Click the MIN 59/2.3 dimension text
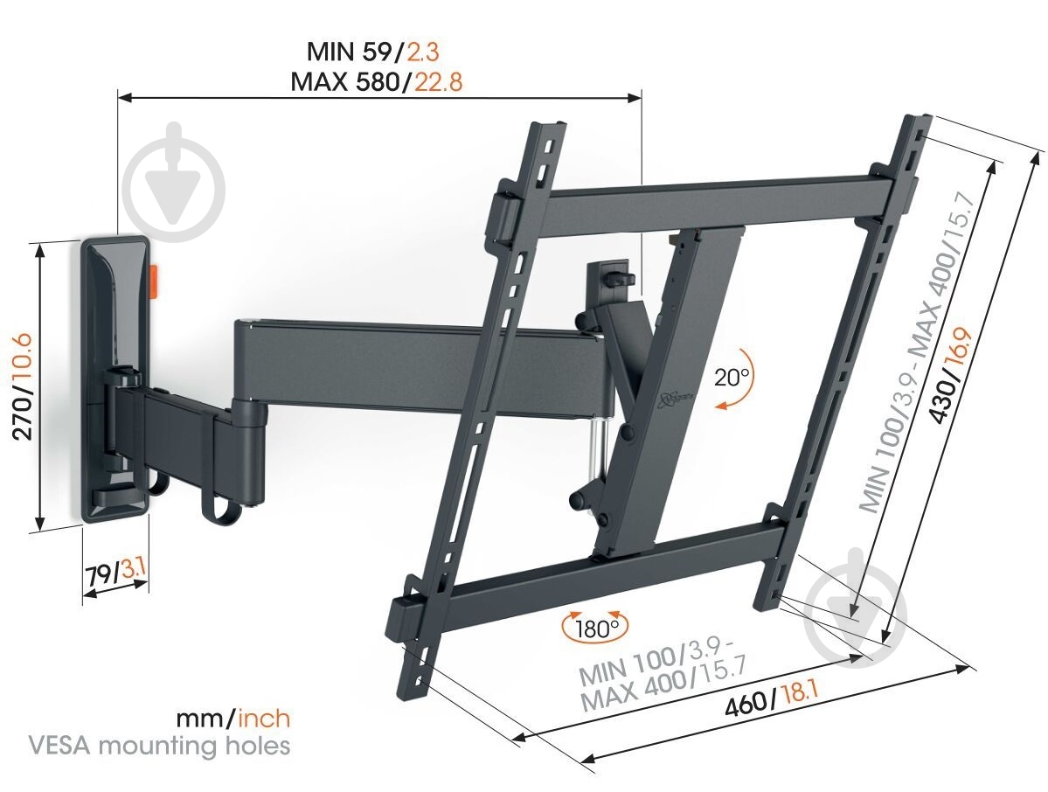[x=378, y=50]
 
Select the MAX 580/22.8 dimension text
[x=377, y=82]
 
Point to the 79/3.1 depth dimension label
[x=115, y=574]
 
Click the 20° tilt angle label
[x=732, y=379]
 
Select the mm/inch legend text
[x=233, y=719]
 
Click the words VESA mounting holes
[x=159, y=746]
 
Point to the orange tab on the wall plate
[x=153, y=281]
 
